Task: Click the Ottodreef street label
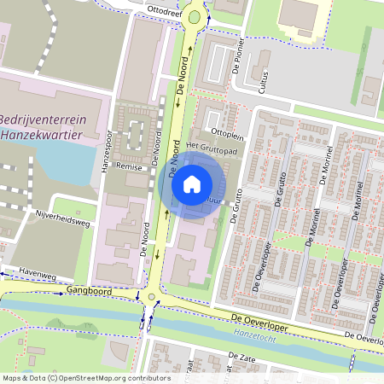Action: (x=167, y=11)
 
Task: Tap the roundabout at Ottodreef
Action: (x=196, y=16)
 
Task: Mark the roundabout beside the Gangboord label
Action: (x=152, y=298)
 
